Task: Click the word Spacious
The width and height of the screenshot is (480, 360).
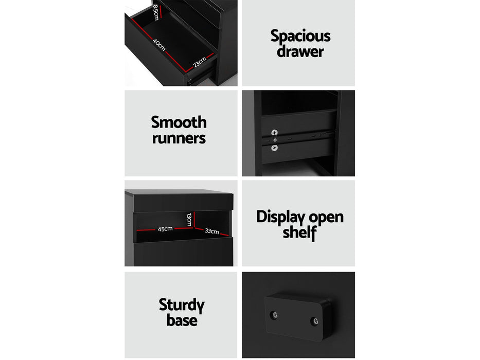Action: [300, 37]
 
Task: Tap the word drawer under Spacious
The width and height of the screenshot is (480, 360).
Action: [300, 51]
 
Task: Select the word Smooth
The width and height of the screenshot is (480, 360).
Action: [179, 122]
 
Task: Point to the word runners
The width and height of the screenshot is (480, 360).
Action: [179, 138]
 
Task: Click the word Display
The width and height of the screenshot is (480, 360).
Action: [280, 217]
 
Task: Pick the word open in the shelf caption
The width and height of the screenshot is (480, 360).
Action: [326, 218]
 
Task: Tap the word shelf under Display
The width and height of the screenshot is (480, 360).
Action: [300, 232]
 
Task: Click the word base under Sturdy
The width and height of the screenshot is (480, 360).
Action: [182, 320]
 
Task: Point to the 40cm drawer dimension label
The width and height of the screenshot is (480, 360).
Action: [159, 45]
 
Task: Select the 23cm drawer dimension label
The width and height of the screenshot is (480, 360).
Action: [200, 62]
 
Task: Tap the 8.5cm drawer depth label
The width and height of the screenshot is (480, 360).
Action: [156, 12]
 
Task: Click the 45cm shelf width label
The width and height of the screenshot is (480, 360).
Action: [165, 229]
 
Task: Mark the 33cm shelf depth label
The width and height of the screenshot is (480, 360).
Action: [212, 231]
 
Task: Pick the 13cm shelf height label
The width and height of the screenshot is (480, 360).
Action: [189, 220]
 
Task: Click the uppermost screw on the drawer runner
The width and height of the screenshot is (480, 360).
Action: [275, 133]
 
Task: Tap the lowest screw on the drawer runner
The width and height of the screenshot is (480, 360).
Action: [275, 148]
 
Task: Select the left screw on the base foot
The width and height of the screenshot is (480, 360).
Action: [274, 315]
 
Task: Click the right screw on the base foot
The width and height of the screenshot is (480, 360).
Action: [314, 321]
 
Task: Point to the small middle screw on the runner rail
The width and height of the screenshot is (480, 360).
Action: [275, 140]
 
